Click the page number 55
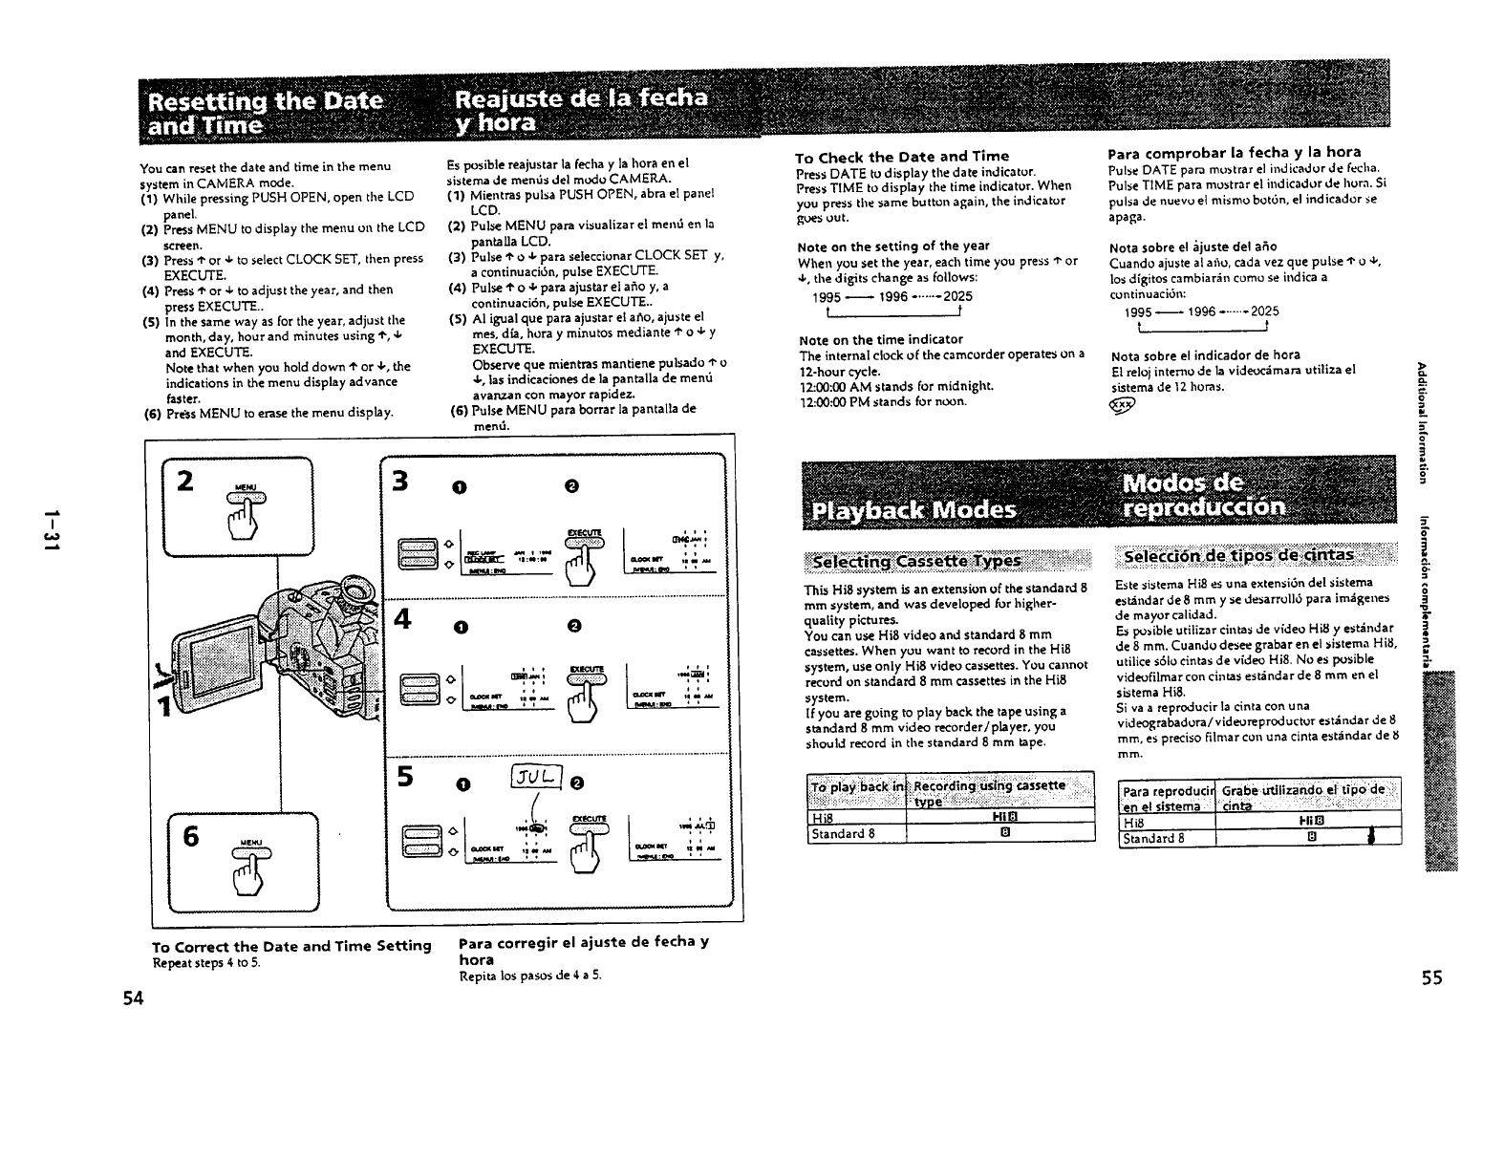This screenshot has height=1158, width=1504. pos(1430,977)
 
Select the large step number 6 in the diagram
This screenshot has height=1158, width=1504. pos(191,836)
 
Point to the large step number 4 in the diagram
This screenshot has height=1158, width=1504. pos(401,619)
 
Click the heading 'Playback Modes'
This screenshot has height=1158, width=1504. pos(912,508)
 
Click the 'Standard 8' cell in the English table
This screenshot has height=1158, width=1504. pos(845,833)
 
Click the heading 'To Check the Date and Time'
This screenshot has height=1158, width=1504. pos(901,156)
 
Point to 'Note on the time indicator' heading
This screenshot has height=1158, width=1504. pos(880,339)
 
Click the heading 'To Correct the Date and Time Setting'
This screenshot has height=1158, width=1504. pos(291,945)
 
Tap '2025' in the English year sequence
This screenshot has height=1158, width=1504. pos(957,297)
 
